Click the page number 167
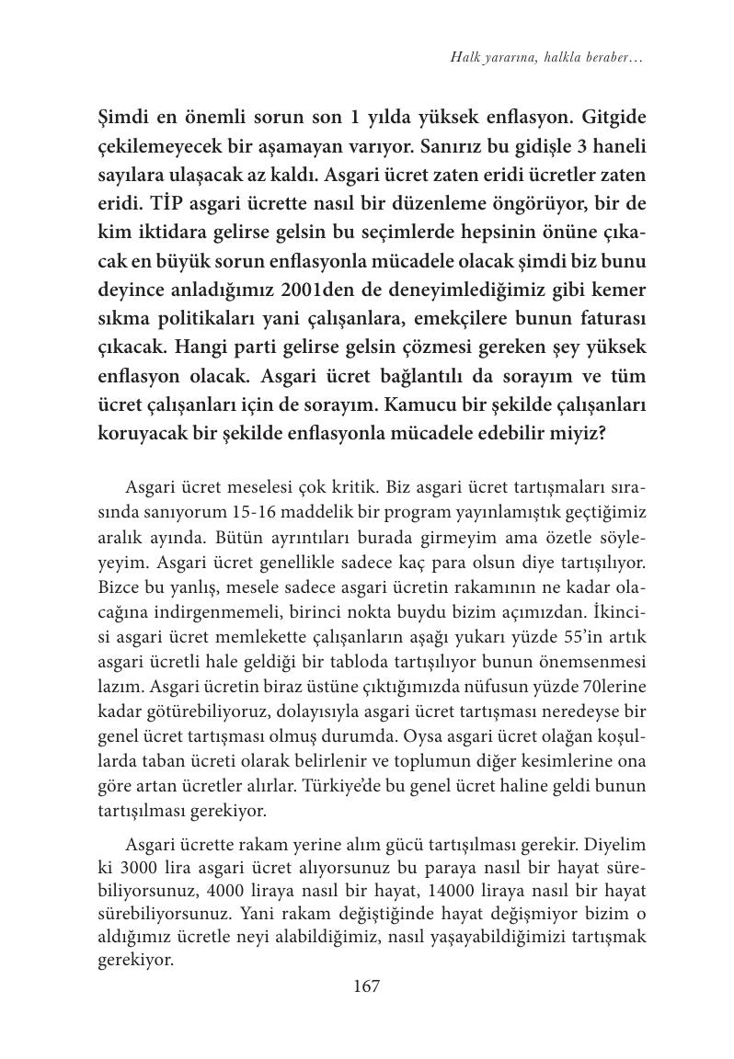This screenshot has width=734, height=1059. point(366,986)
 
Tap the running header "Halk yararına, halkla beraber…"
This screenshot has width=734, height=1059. point(546,58)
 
